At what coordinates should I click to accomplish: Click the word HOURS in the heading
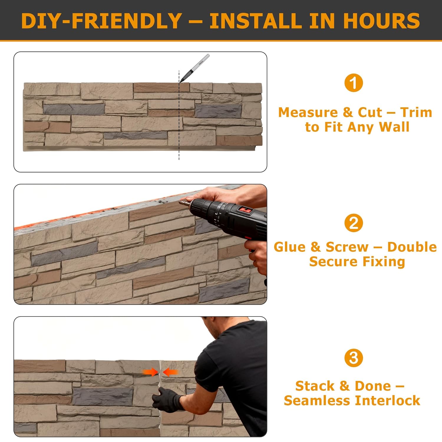(381, 21)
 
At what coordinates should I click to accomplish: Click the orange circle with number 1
(354, 83)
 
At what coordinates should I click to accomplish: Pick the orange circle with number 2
(354, 223)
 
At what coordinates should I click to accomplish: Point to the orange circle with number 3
(354, 358)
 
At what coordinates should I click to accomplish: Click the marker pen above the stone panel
(194, 68)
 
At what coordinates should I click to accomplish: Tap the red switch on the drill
(245, 210)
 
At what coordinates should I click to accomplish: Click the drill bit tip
(180, 202)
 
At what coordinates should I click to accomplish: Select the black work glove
(167, 400)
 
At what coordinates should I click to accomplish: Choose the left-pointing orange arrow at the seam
(170, 372)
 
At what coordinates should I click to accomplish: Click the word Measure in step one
(308, 112)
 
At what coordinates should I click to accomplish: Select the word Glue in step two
(289, 247)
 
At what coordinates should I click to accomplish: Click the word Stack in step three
(314, 386)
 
